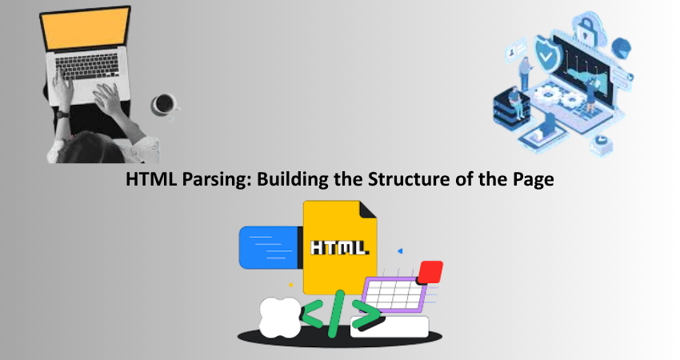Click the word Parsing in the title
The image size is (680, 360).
214,179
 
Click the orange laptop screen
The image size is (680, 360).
86,29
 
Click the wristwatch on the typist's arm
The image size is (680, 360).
62,114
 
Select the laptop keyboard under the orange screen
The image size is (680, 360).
87,66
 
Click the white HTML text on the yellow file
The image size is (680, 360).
339,247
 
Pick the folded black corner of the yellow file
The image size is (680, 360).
367,210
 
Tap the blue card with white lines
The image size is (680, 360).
270,248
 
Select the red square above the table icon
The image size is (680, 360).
431,272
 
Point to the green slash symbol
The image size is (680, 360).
336,314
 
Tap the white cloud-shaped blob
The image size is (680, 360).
280,318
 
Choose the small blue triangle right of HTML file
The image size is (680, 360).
400,251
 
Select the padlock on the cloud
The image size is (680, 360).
586,28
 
